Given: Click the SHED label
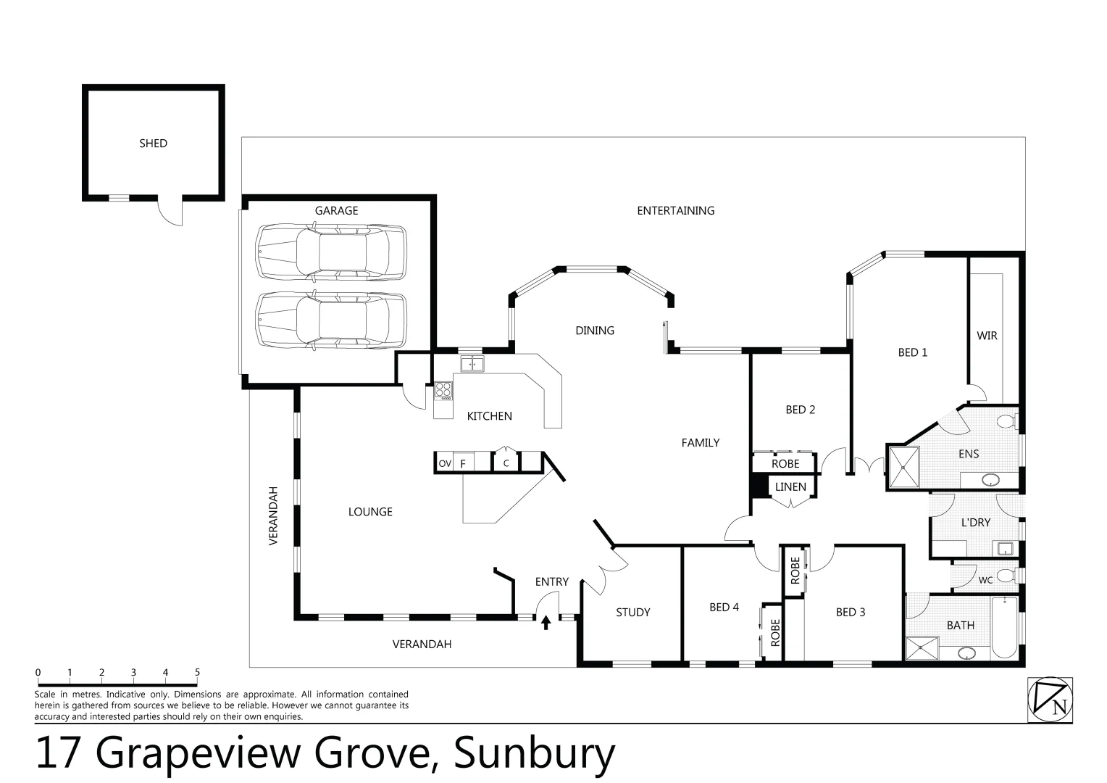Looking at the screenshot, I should (153, 144).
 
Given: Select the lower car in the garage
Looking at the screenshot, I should (331, 321).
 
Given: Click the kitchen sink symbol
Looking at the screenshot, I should (472, 364).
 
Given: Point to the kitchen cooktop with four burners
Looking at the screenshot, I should (443, 391).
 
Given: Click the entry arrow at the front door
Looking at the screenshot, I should (546, 621).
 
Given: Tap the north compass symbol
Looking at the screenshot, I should (1050, 700).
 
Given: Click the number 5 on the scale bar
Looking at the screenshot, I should (197, 673).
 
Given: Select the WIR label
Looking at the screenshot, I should (987, 336).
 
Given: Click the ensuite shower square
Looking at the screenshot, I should (903, 468).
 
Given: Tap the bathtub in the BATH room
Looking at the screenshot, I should (1005, 627).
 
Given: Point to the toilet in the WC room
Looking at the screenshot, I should (1006, 577).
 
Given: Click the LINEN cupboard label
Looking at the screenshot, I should (790, 487).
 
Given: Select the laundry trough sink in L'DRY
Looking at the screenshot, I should (1006, 548).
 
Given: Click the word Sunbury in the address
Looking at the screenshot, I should (534, 754).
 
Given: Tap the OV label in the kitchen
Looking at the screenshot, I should (445, 463).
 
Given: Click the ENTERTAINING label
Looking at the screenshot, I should (675, 211).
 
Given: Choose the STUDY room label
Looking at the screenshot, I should (632, 613).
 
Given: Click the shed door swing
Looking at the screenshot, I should (168, 212).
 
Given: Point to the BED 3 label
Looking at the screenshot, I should (850, 613).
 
